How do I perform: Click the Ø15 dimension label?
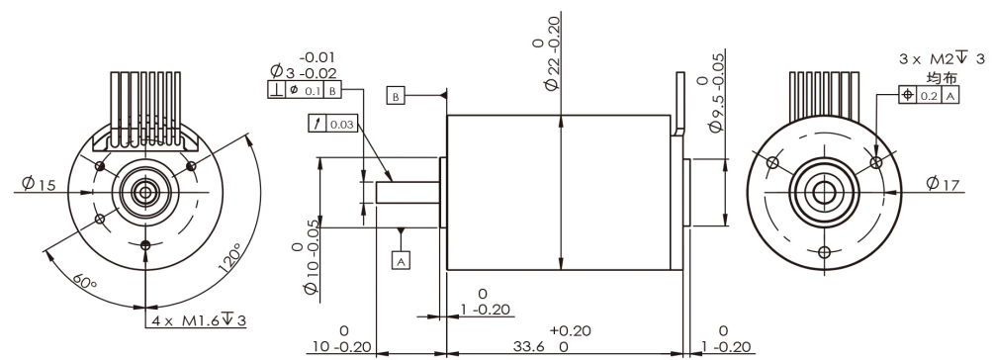(x=39, y=184)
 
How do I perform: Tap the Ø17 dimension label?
(x=943, y=184)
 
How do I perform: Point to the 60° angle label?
(x=84, y=283)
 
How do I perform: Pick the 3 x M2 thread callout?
(x=943, y=59)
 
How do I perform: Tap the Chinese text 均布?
(x=942, y=78)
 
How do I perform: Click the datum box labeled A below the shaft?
(x=401, y=260)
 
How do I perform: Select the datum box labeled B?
(x=396, y=97)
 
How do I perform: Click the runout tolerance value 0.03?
(x=342, y=124)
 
